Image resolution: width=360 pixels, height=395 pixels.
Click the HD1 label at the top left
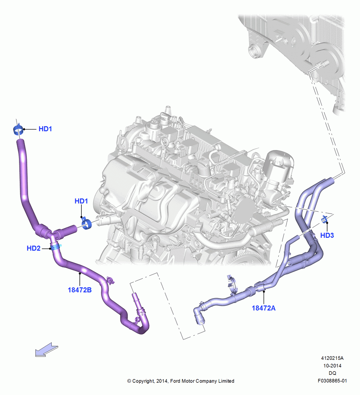click(x=45, y=129)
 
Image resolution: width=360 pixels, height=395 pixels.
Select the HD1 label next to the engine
click(x=81, y=201)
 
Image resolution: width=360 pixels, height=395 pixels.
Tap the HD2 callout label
click(x=34, y=248)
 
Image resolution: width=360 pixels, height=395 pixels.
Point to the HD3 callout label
click(x=327, y=235)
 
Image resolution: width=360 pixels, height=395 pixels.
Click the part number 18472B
click(x=80, y=290)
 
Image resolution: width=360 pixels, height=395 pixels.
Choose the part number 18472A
click(x=264, y=308)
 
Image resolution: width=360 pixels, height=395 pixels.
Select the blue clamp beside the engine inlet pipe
click(x=86, y=224)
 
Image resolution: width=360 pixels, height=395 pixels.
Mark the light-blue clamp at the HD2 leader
click(x=56, y=246)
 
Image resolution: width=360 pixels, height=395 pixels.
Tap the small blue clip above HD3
click(x=324, y=220)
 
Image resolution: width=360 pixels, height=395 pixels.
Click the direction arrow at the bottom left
click(x=47, y=350)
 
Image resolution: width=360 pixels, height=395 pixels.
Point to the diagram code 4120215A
click(x=332, y=358)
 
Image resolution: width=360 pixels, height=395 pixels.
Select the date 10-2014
click(x=332, y=365)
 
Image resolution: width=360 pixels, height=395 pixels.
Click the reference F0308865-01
click(x=332, y=381)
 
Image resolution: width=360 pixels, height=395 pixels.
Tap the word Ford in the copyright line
click(x=176, y=381)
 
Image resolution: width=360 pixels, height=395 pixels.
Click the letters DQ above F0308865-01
click(x=332, y=373)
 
